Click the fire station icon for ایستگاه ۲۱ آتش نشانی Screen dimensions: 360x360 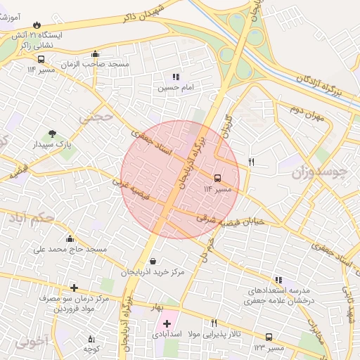point(46,25)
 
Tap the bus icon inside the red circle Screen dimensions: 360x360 point(217,178)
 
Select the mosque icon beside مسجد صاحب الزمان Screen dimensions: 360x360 point(96,54)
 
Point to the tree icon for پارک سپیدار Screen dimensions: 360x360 point(52,134)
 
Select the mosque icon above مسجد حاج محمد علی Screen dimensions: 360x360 point(69,238)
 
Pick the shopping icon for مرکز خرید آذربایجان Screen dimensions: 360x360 point(153,262)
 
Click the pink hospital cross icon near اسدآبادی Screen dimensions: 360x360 point(167,323)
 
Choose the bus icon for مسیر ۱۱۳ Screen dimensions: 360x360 point(269,337)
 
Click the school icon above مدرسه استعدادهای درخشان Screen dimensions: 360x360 point(279,280)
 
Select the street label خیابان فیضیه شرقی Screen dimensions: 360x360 point(229,219)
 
